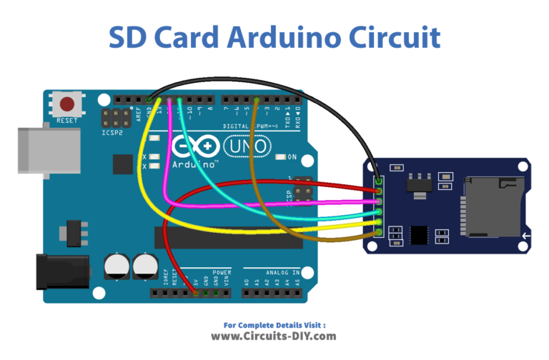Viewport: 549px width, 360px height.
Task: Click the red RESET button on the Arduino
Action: (x=69, y=104)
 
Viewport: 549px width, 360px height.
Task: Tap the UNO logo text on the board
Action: (x=247, y=147)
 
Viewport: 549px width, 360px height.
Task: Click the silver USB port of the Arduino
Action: (x=47, y=151)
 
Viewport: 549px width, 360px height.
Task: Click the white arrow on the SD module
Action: (x=525, y=236)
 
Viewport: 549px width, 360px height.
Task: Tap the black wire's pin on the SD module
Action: (x=377, y=181)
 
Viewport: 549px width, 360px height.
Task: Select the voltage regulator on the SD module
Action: (x=412, y=183)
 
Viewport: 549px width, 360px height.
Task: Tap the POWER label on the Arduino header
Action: (x=222, y=272)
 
